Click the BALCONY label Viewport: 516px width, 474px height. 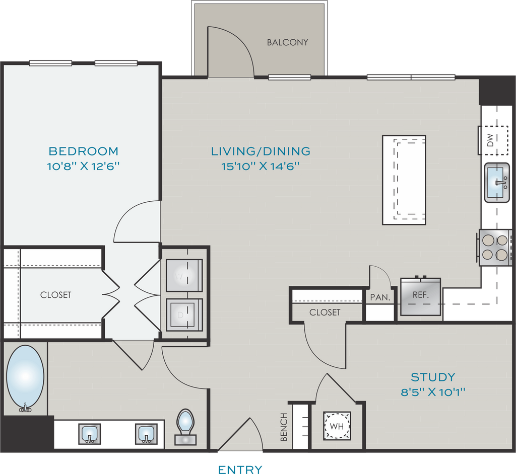click(x=287, y=42)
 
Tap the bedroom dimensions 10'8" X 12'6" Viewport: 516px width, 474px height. click(x=83, y=167)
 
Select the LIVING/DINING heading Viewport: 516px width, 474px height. click(x=261, y=151)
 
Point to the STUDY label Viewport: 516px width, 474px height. click(x=433, y=377)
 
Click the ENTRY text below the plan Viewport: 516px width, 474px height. click(x=240, y=469)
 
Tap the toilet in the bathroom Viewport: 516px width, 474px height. click(x=185, y=427)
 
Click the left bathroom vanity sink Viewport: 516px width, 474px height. click(x=89, y=434)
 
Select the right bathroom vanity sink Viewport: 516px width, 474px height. click(x=146, y=434)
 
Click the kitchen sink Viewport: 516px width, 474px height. click(x=497, y=183)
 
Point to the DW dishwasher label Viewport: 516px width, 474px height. click(x=490, y=140)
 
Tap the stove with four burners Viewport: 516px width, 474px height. click(x=494, y=248)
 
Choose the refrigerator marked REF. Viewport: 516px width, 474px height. click(x=421, y=296)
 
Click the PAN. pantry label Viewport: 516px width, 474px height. click(x=380, y=297)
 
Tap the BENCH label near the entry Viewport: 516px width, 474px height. click(x=284, y=427)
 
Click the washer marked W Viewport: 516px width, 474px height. click(x=184, y=275)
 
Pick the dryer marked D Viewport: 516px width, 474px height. click(x=184, y=315)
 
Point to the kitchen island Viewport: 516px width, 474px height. click(x=404, y=180)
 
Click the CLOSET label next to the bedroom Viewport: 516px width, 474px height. click(x=55, y=295)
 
